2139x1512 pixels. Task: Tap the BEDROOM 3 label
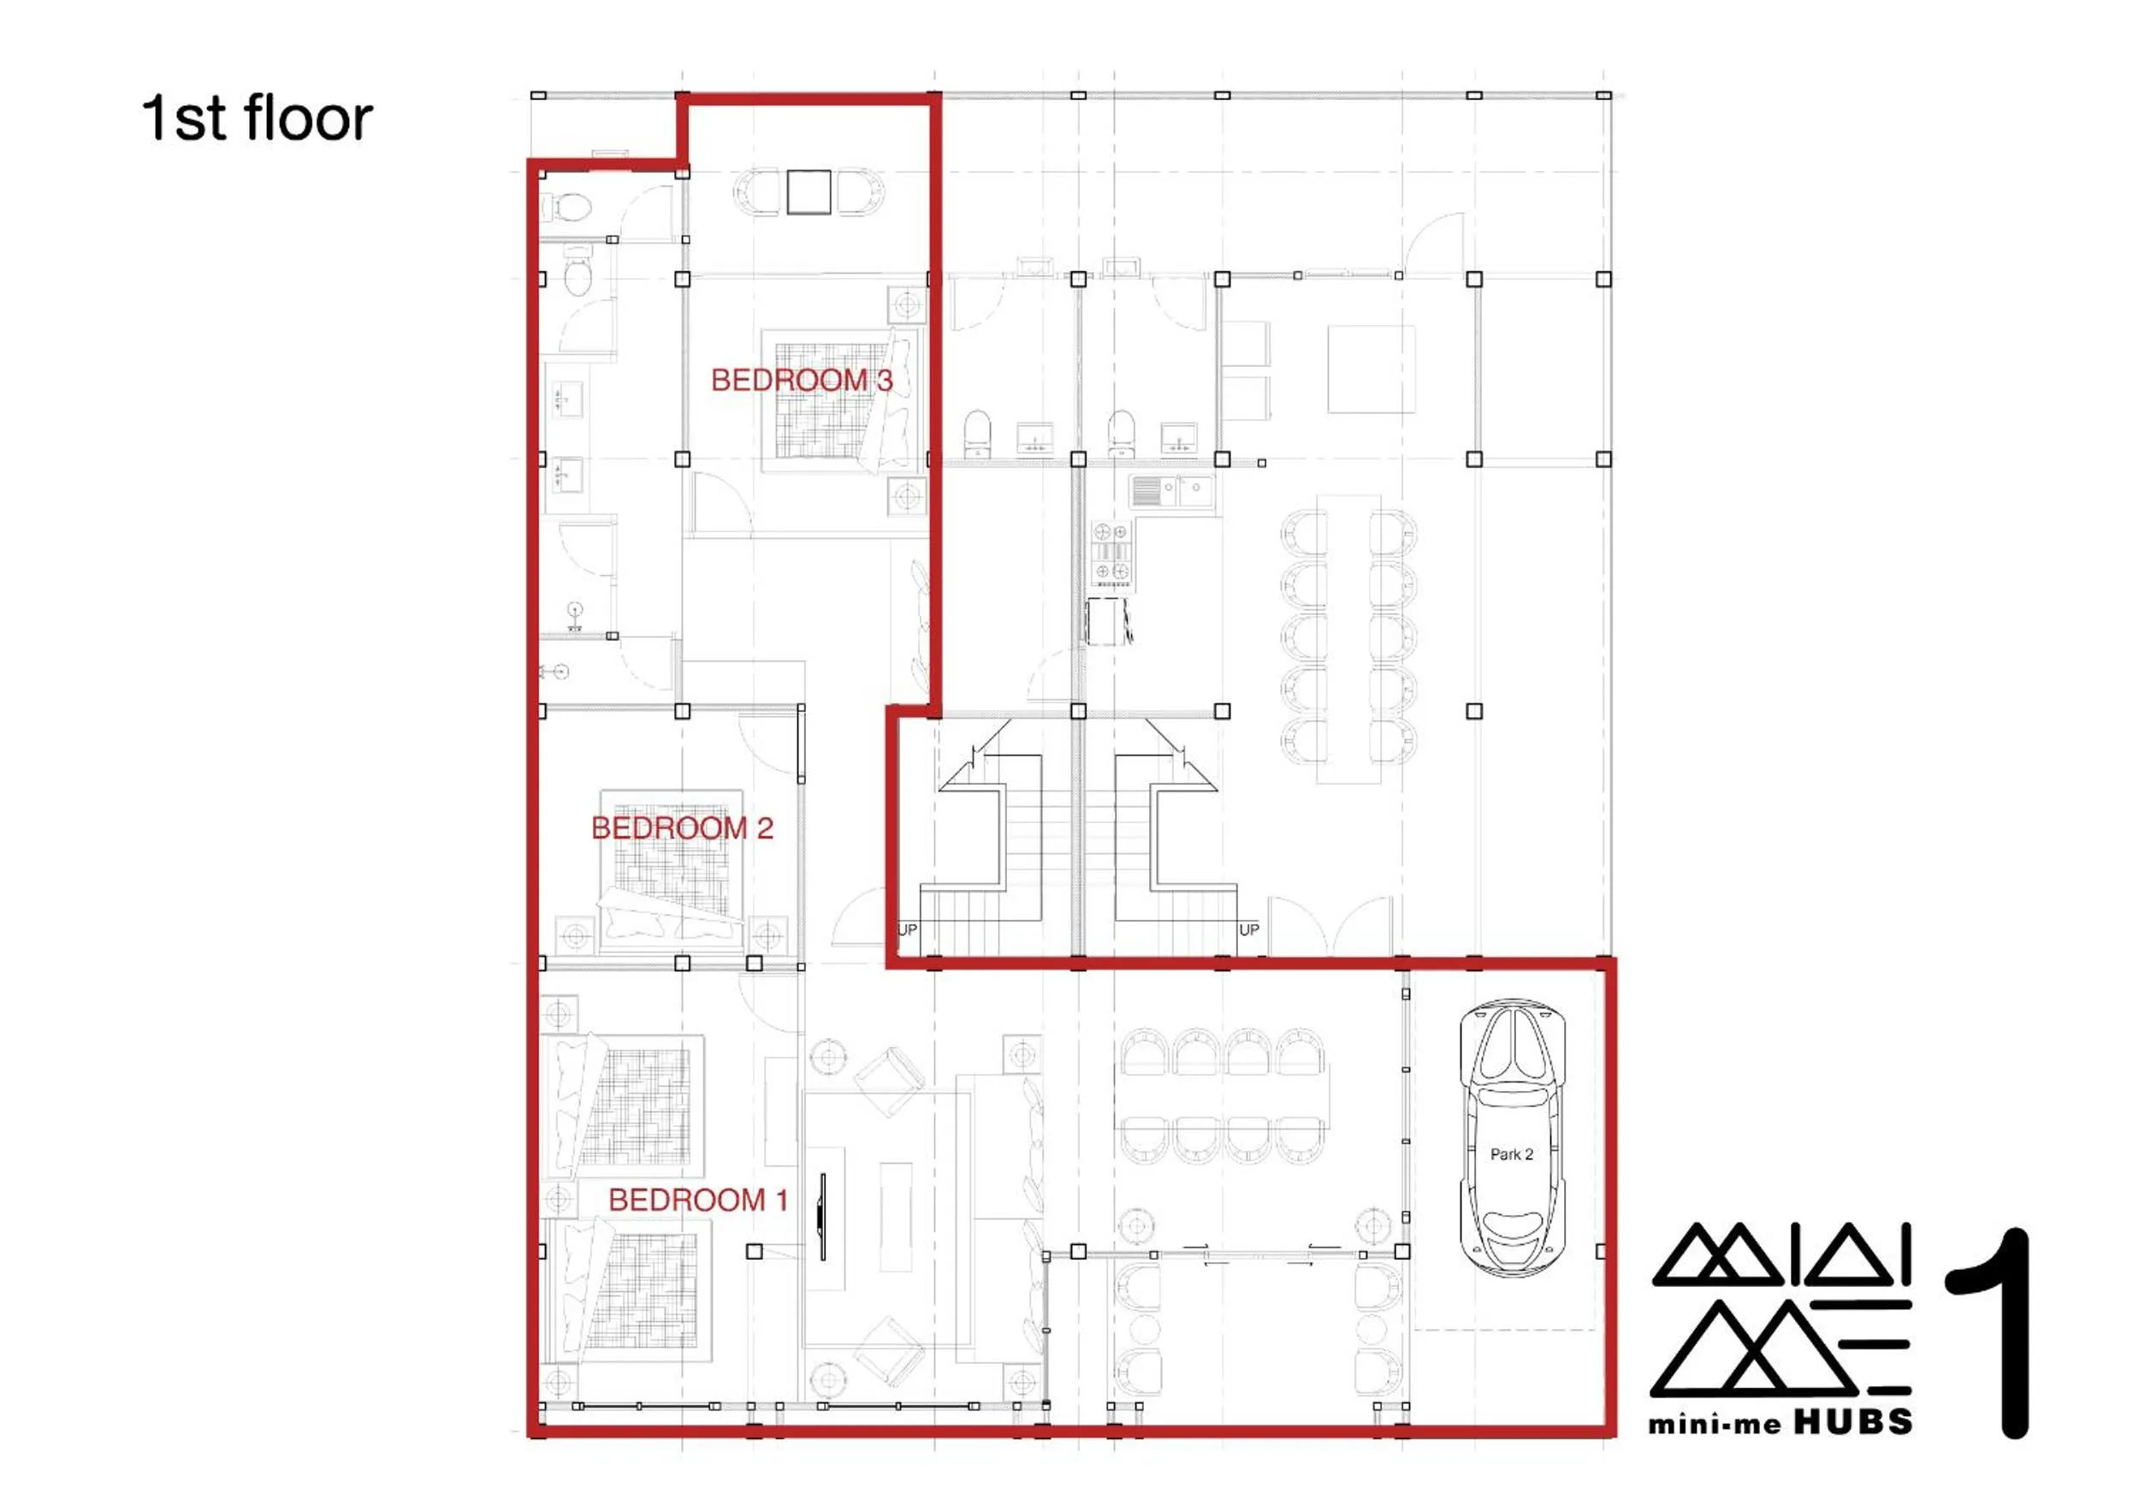tap(801, 380)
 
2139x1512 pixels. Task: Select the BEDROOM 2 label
tap(682, 828)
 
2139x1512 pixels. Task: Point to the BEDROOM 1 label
tap(698, 1200)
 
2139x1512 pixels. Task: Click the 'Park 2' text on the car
tap(1511, 1154)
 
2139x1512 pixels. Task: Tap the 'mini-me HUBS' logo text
tap(1781, 1422)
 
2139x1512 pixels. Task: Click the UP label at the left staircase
tap(906, 930)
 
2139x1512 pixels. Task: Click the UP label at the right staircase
tap(1248, 930)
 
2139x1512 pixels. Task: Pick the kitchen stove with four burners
tap(1111, 554)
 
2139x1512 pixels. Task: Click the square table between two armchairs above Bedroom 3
tap(808, 192)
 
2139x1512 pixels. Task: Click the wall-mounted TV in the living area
tap(822, 1217)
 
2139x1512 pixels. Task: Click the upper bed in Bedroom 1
tap(625, 1103)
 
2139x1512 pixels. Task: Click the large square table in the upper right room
tap(1371, 369)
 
